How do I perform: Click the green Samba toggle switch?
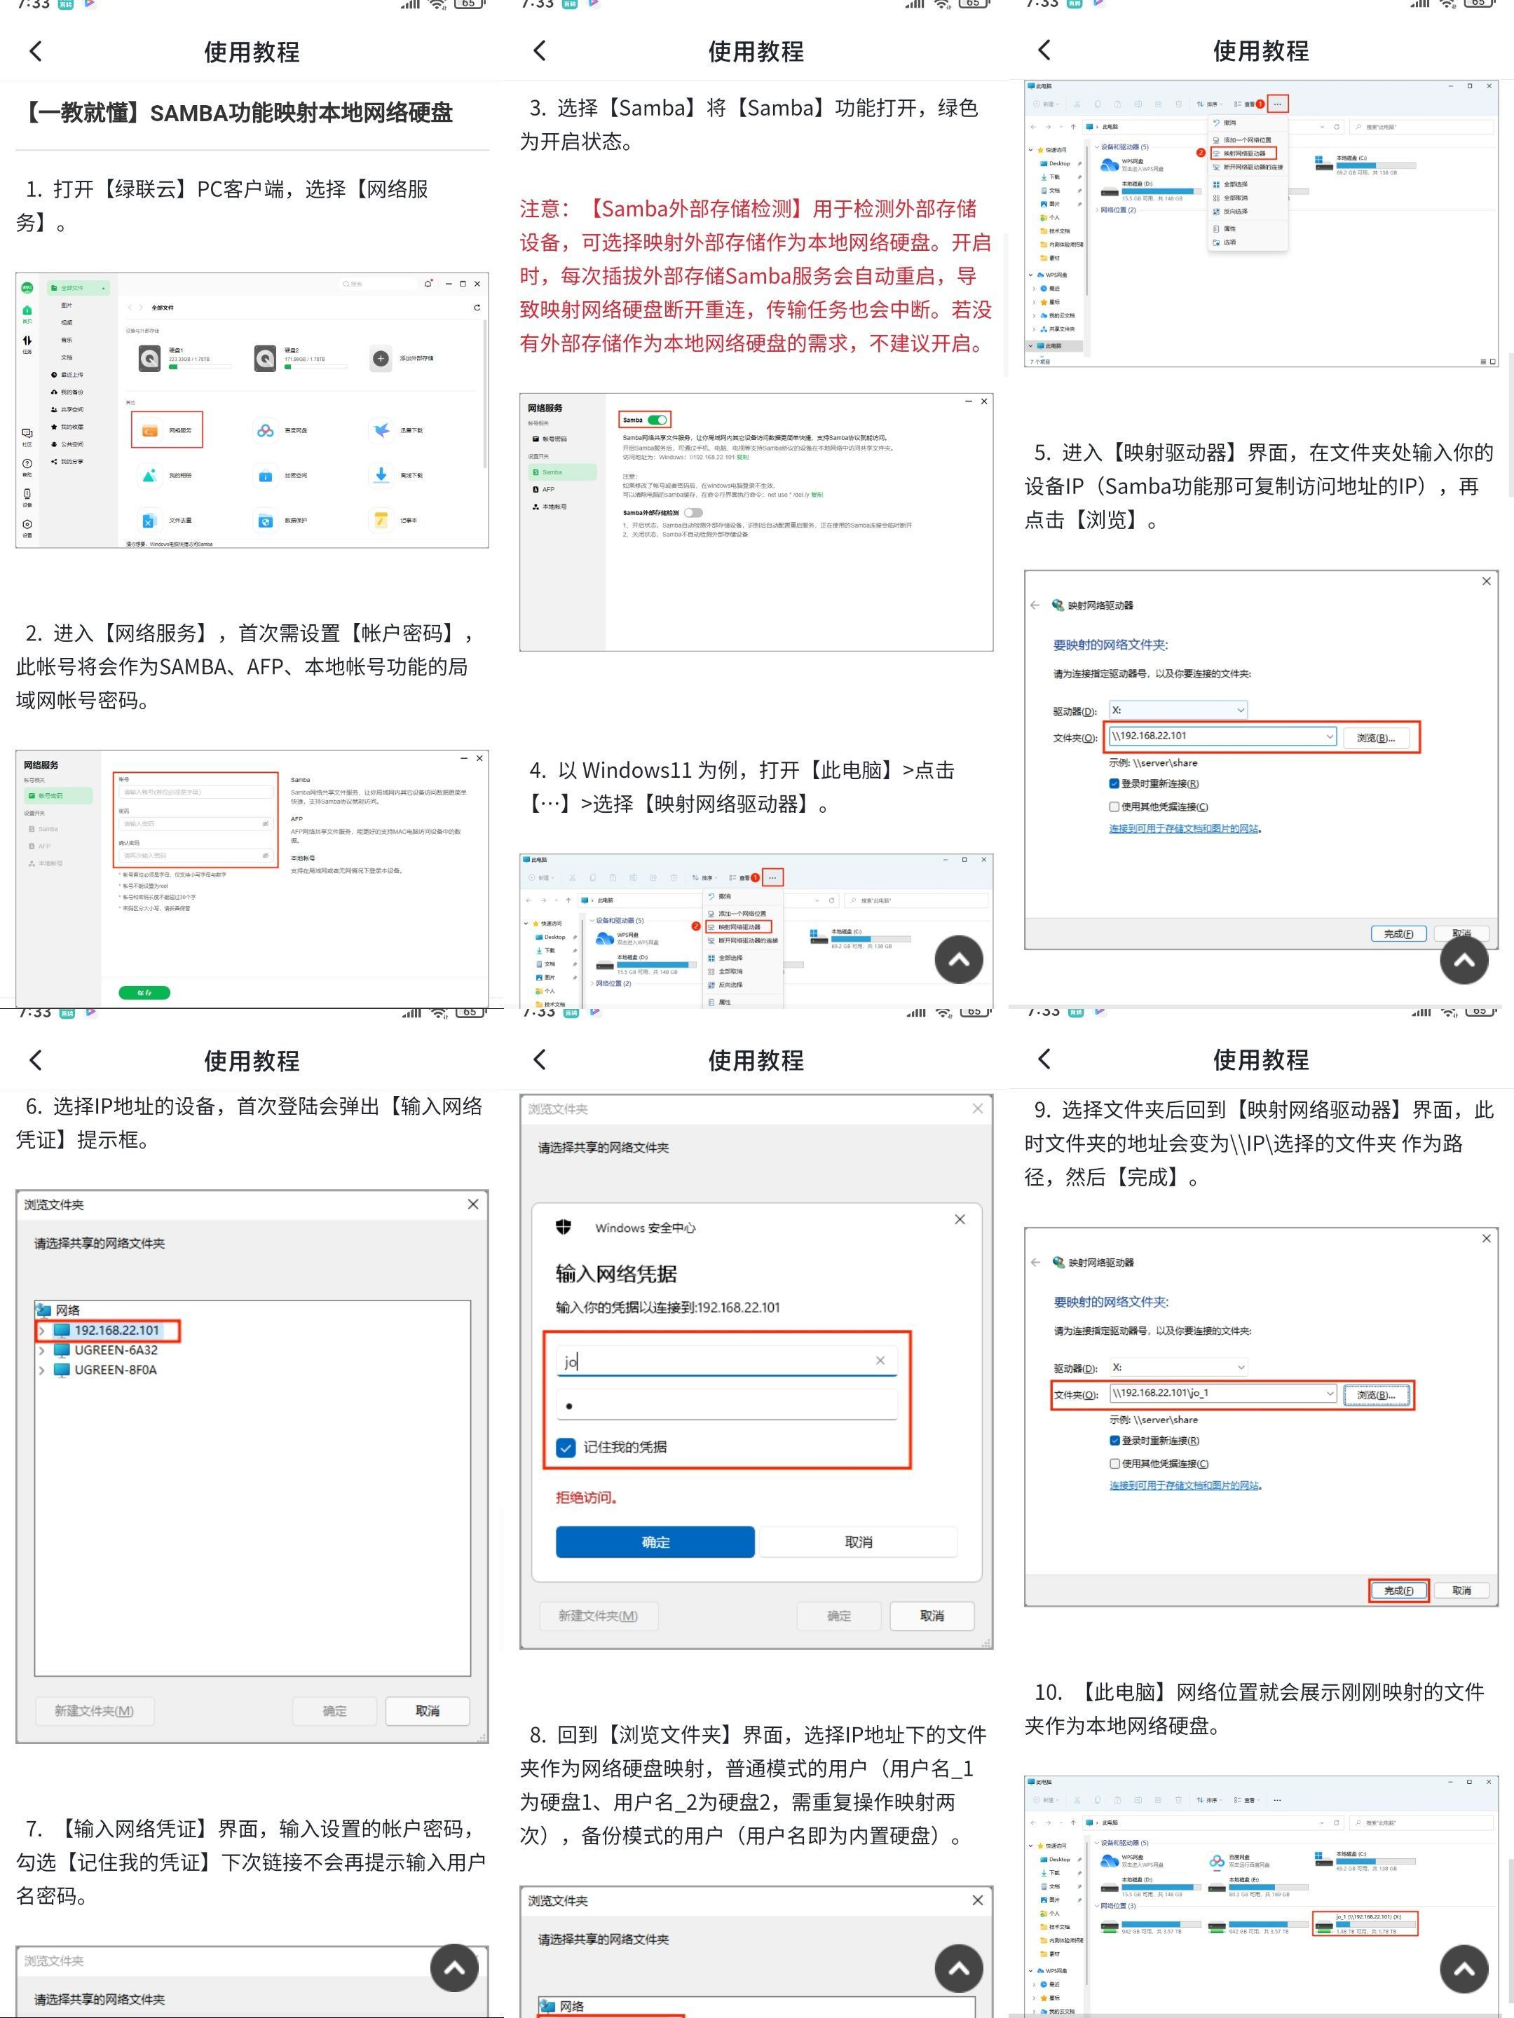[x=657, y=420]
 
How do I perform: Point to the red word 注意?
[x=544, y=209]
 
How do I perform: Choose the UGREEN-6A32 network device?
[x=115, y=1350]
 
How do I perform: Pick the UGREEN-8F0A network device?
[x=115, y=1371]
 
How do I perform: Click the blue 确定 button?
[x=655, y=1542]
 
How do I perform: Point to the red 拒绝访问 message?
[x=587, y=1497]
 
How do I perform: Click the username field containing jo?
[x=712, y=1361]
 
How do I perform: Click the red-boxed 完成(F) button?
[x=1398, y=1590]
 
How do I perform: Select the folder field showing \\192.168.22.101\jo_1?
[x=1218, y=1393]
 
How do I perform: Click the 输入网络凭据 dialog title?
[x=616, y=1274]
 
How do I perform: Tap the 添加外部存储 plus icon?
[x=381, y=359]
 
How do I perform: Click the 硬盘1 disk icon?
[x=150, y=359]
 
